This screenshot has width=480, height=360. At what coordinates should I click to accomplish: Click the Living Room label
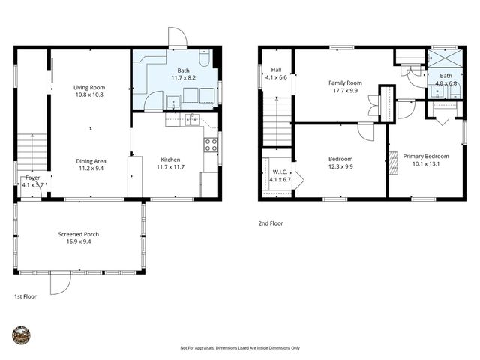(x=89, y=86)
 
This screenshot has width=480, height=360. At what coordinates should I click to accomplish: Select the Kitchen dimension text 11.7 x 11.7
(x=170, y=168)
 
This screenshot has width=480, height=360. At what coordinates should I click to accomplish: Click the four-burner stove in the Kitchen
(x=211, y=145)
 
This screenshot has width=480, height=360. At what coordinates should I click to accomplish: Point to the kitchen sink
(x=193, y=118)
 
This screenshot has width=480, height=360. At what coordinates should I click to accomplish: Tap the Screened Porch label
(x=79, y=234)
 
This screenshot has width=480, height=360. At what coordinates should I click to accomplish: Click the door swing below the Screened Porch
(x=60, y=283)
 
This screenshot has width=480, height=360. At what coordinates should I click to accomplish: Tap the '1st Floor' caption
(x=25, y=296)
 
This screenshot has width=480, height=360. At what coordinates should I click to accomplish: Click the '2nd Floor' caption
(x=271, y=223)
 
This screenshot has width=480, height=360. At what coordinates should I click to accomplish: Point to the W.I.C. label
(x=277, y=172)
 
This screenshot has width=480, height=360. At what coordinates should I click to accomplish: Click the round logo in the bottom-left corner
(x=22, y=334)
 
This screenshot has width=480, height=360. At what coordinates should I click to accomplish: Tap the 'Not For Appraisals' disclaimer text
(x=240, y=348)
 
